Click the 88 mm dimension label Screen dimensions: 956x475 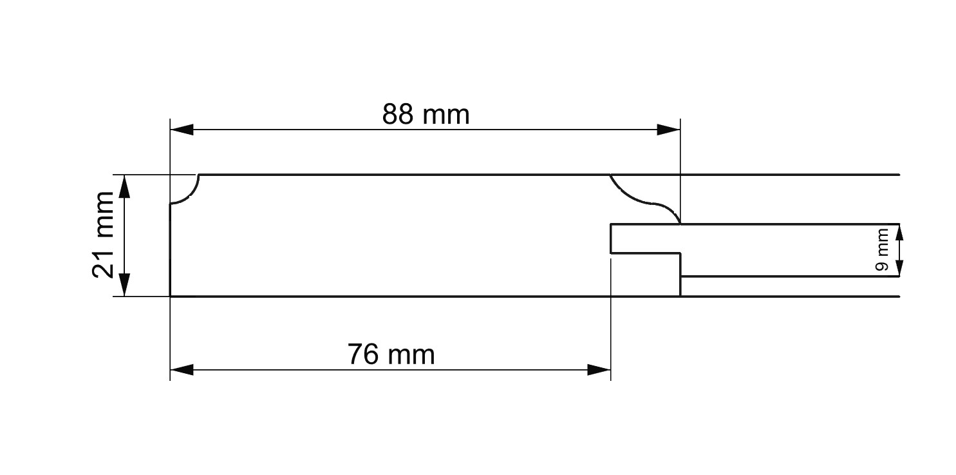point(426,115)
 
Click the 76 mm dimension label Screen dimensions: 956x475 point(391,354)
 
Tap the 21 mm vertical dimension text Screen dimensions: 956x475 point(103,235)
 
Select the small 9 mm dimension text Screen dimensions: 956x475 point(881,250)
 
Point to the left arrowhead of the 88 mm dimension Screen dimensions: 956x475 point(182,130)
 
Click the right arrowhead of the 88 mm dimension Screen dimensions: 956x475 point(668,130)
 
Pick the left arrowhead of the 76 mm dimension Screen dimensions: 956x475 point(182,370)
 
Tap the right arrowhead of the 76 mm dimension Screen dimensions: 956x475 point(599,370)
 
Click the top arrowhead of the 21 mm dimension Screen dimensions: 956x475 point(124,186)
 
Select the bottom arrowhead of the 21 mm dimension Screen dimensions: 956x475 point(124,284)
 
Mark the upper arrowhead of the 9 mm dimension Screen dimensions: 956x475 point(899,232)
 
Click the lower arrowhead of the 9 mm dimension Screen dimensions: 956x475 point(899,268)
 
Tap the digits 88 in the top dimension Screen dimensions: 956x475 point(398,115)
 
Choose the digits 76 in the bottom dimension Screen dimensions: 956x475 point(363,354)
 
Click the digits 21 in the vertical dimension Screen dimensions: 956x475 point(103,264)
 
